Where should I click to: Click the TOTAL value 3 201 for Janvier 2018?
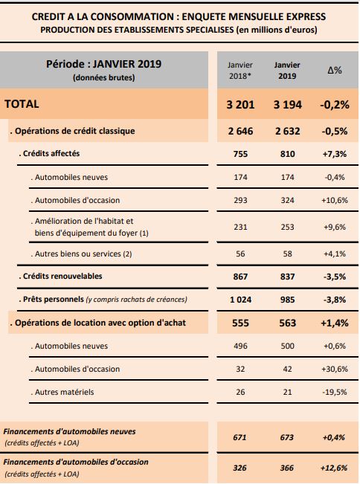pos(240,104)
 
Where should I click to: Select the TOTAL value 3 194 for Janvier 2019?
pos(287,104)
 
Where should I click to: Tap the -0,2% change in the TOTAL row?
pos(335,104)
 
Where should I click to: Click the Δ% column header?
pos(335,70)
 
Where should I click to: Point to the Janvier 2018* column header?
pos(240,71)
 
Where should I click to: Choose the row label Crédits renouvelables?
pos(60,276)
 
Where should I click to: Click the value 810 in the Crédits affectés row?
pos(287,154)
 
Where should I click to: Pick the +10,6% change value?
pos(335,200)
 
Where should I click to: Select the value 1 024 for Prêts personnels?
pos(240,300)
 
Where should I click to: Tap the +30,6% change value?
pos(335,369)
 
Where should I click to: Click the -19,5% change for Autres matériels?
pos(335,392)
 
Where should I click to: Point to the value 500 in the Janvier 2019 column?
pos(287,346)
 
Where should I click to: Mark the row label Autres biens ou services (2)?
pos(81,254)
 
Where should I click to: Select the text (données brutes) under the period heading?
pos(103,77)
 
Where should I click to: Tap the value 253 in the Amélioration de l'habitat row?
pos(287,227)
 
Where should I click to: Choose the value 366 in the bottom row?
pos(287,468)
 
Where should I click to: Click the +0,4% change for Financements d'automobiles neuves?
pos(334,437)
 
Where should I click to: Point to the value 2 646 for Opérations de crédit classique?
pos(240,131)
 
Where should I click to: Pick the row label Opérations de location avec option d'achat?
pos(98,323)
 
